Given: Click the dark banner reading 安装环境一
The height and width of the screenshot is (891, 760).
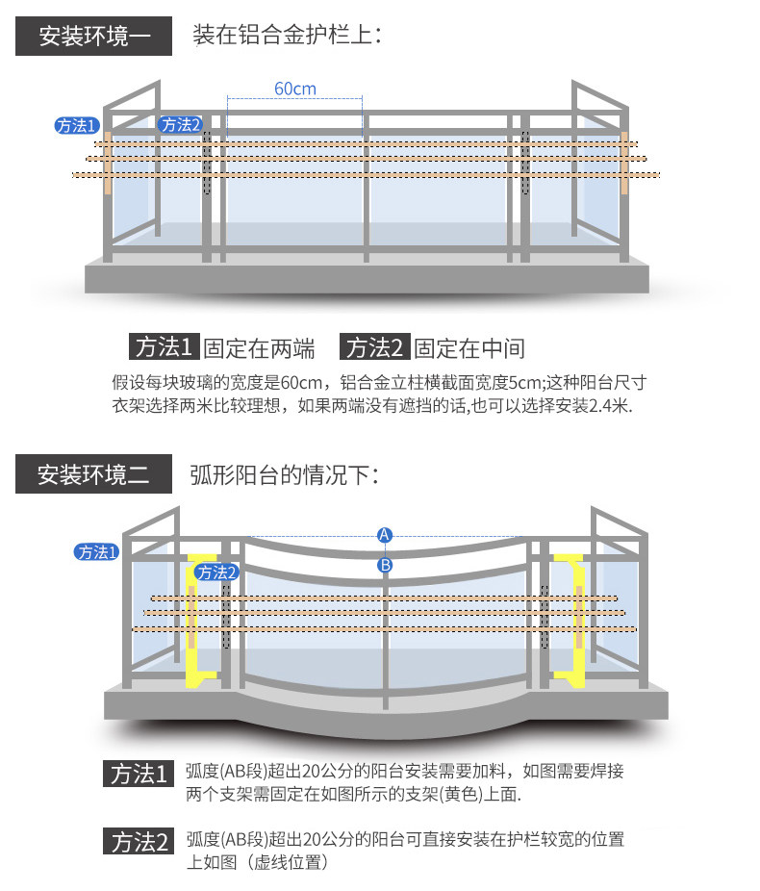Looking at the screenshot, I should (93, 37).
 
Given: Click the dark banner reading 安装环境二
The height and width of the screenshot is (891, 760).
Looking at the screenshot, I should (93, 474).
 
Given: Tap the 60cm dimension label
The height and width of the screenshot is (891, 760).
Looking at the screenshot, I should (294, 89).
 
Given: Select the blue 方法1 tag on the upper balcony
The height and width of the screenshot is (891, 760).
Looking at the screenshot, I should (76, 125).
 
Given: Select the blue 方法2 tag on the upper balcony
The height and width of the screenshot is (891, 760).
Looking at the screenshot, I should (180, 125).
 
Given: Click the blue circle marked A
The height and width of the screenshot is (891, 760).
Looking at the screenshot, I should (385, 534).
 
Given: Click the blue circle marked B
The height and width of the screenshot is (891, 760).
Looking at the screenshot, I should (385, 565).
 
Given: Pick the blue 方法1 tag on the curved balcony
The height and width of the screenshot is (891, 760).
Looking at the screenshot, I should (96, 552).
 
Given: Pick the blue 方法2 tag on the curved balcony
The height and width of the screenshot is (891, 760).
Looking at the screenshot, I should (216, 573).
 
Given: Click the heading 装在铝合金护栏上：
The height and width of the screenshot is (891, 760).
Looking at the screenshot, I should (288, 37).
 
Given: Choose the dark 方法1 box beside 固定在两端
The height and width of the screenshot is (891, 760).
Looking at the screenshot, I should (165, 347).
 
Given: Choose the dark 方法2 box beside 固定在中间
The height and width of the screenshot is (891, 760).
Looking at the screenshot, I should (376, 347).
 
